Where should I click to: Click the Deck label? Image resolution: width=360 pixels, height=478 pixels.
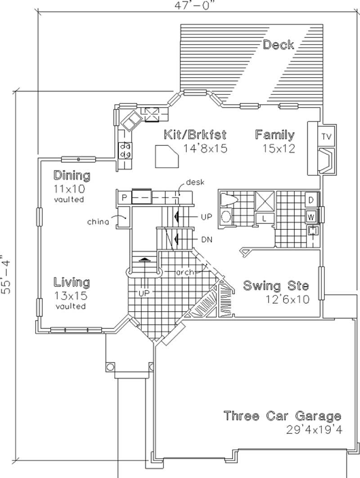(279, 45)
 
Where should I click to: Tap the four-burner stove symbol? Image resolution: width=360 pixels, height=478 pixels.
(125, 150)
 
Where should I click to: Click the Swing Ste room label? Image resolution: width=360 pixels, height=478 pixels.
(276, 286)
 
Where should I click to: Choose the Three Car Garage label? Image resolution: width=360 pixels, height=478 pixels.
(283, 416)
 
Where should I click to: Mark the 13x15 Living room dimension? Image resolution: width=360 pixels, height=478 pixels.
(71, 296)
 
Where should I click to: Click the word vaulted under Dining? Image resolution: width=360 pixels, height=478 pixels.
(69, 199)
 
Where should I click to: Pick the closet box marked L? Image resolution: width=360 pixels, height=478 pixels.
(264, 218)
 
